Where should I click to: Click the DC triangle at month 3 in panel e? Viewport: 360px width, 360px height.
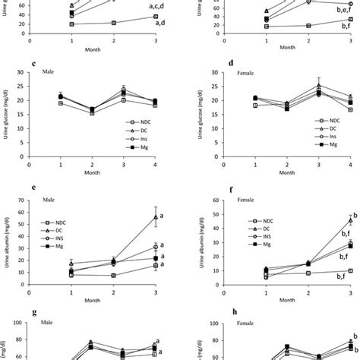(155, 217)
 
